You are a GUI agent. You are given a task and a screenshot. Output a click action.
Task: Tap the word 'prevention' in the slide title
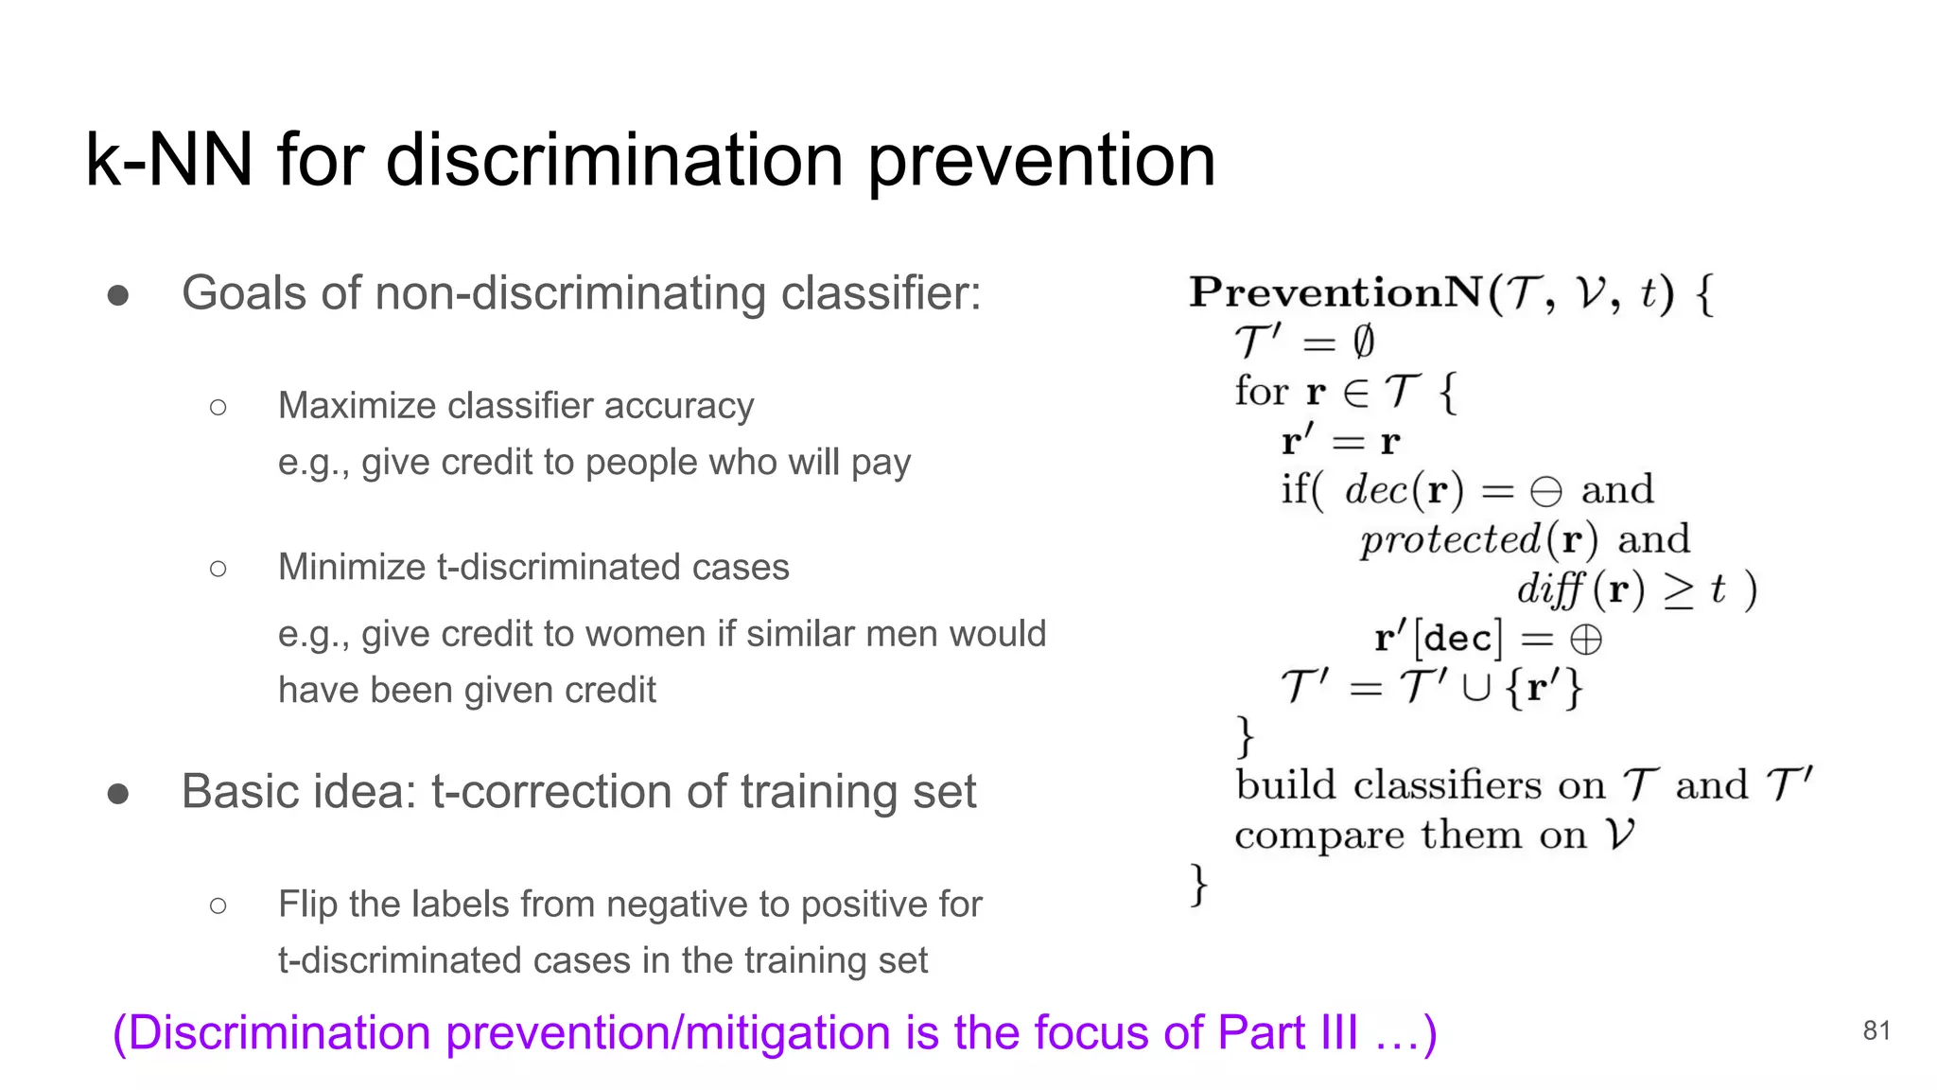tap(1041, 160)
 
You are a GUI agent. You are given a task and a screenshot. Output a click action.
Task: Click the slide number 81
tap(1876, 1030)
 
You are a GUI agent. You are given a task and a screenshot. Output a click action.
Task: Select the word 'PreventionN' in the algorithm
tap(1335, 292)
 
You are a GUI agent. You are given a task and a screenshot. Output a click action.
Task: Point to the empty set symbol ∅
tap(1363, 342)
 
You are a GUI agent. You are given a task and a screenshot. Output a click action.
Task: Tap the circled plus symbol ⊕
tap(1586, 640)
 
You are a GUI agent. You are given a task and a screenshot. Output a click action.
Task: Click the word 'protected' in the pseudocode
tap(1450, 540)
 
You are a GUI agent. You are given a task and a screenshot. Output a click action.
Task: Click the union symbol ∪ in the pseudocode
tap(1475, 687)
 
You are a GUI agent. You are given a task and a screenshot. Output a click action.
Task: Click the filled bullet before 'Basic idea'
tap(118, 793)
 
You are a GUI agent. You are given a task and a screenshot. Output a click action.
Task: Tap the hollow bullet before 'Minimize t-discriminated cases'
tap(218, 569)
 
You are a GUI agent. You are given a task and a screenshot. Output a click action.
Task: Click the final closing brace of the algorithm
tap(1198, 886)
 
